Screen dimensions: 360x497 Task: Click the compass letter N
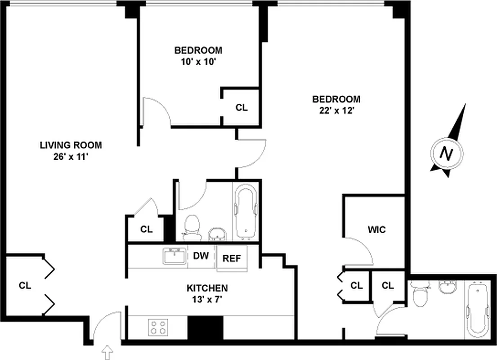click(x=446, y=154)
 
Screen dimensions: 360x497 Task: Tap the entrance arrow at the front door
click(x=107, y=352)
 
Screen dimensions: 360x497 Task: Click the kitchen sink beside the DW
click(x=175, y=256)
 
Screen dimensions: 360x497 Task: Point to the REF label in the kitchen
click(x=232, y=258)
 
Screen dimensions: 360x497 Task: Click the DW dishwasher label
click(x=201, y=256)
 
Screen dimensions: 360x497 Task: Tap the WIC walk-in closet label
click(x=376, y=229)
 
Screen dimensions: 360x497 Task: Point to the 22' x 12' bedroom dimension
click(x=336, y=111)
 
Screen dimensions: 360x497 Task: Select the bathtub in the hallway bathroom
click(x=246, y=212)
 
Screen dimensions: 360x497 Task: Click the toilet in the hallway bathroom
click(x=193, y=226)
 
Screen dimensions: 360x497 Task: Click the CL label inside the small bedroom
click(x=242, y=108)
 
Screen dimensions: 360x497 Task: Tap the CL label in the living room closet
click(x=25, y=285)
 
